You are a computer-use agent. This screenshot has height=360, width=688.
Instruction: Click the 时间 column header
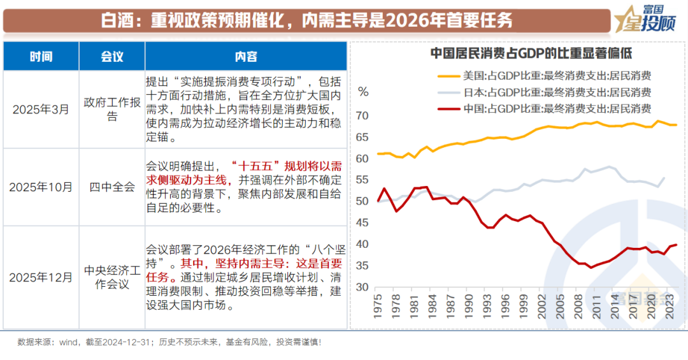coord(41,57)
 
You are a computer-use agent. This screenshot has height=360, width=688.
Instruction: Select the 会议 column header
coord(112,57)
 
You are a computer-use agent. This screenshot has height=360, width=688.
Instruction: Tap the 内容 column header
coord(246,57)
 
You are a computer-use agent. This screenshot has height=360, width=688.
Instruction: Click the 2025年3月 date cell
coord(41,110)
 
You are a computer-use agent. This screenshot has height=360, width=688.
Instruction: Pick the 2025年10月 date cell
coord(41,187)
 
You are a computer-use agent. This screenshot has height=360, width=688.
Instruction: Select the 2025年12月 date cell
coord(41,277)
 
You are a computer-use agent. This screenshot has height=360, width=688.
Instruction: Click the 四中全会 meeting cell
coord(112,187)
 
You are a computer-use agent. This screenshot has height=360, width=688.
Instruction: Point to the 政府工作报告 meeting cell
coord(112,110)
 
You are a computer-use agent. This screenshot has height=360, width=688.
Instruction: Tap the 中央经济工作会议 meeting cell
coord(112,277)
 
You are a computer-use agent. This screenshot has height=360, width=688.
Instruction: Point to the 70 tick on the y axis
coord(362,116)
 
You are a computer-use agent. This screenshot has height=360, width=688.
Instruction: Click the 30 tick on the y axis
coord(362,287)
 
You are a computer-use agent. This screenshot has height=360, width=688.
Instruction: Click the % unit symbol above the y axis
coord(363,92)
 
